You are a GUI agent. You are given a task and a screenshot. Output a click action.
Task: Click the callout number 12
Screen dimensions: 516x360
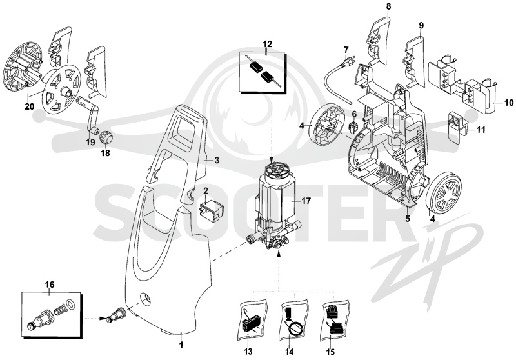(x=267, y=44)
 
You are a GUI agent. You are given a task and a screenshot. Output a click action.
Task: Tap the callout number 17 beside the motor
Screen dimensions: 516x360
(x=306, y=201)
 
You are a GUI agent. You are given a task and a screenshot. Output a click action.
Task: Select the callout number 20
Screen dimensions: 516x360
(x=29, y=106)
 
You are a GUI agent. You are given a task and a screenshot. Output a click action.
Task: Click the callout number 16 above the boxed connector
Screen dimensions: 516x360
(x=50, y=285)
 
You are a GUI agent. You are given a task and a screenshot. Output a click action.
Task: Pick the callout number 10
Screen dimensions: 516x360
(x=508, y=103)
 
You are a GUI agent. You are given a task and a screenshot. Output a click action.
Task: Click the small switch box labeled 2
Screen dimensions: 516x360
(x=211, y=209)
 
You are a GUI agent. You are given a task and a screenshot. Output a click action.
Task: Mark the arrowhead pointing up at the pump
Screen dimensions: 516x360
(x=279, y=253)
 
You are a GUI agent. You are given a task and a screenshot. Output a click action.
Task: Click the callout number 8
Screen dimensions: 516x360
(x=389, y=6)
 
